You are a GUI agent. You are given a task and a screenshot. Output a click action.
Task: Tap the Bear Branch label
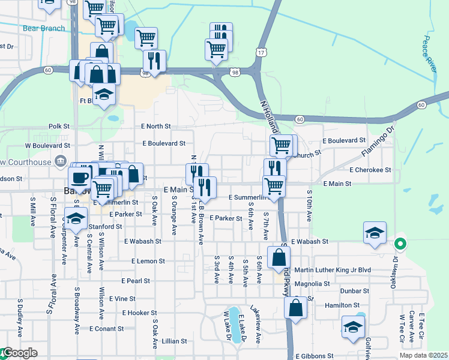(x=43, y=28)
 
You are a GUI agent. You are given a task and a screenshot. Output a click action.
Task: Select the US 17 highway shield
(x=261, y=53)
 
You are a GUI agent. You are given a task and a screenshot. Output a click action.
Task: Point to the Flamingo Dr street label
(x=380, y=141)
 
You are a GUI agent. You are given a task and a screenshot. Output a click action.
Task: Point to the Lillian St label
(x=175, y=341)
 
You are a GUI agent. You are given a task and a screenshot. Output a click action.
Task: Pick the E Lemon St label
(x=148, y=261)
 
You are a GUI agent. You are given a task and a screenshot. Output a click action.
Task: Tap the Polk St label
(x=59, y=127)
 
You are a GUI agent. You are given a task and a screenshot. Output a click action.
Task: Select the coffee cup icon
(x=79, y=177)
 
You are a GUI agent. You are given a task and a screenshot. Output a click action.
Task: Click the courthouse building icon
(x=60, y=160)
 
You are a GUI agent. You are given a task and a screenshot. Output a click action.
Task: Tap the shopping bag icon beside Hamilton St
(x=295, y=308)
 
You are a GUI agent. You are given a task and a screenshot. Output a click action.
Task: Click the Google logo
(x=20, y=353)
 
